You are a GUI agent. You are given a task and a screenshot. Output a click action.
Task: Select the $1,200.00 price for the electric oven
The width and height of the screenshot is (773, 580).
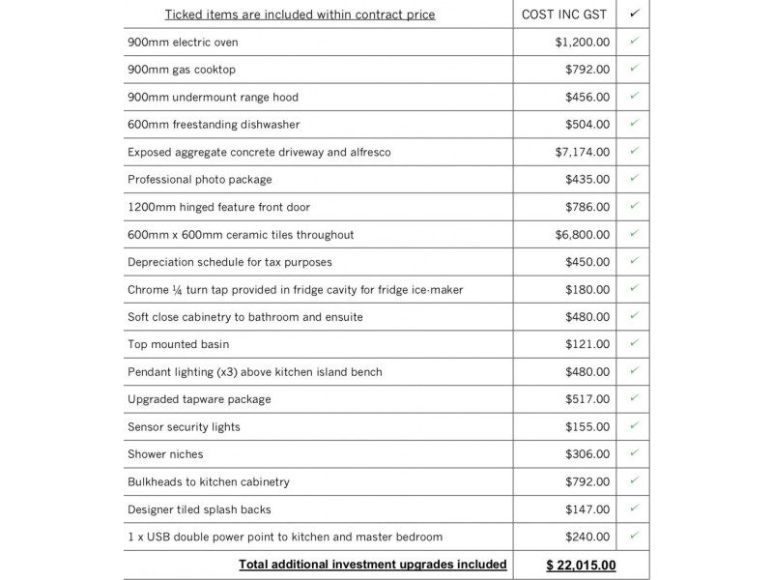(583, 43)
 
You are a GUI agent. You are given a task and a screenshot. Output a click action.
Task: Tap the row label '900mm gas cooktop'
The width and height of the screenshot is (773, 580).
(182, 70)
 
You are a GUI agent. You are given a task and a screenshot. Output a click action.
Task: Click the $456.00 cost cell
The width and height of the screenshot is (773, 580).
(587, 97)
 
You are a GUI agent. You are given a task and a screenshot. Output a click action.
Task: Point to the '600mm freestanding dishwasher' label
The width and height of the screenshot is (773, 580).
(214, 125)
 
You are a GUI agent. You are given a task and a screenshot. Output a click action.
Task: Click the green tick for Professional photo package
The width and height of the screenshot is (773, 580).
(634, 179)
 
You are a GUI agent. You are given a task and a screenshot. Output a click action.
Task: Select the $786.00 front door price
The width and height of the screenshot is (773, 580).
(587, 207)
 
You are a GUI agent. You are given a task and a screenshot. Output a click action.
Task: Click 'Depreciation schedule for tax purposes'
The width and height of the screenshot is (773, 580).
(229, 262)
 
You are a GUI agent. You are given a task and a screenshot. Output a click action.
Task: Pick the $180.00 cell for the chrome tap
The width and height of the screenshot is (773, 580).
(587, 289)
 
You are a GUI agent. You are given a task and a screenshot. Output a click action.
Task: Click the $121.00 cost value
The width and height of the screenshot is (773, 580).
(587, 344)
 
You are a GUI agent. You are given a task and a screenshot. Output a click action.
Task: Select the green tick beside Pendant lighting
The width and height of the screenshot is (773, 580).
(634, 371)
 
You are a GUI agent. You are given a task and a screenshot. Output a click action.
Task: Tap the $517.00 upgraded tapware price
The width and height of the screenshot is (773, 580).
(587, 399)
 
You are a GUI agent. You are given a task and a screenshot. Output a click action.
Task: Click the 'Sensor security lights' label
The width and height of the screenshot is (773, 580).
(184, 426)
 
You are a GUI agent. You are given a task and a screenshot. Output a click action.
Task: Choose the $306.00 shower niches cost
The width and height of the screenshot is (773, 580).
(587, 453)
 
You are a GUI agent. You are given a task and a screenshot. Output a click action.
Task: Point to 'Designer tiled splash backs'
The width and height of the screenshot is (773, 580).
(199, 508)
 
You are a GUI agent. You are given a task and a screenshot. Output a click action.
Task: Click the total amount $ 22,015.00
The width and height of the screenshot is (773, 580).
(581, 565)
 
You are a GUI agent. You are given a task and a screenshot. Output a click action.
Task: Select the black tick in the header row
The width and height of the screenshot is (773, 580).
(634, 14)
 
